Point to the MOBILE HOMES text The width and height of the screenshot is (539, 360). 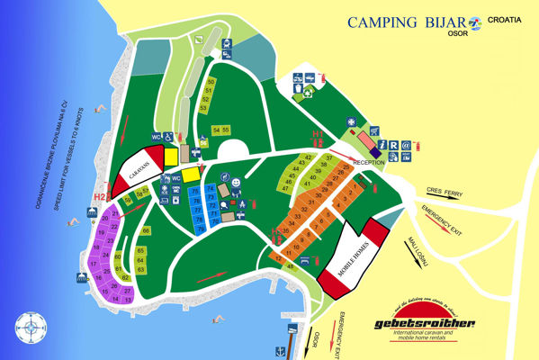point(351,256)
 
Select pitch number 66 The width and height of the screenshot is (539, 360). point(145,230)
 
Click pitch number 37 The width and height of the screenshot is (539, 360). point(330,158)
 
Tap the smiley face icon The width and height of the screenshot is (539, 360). point(235,183)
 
